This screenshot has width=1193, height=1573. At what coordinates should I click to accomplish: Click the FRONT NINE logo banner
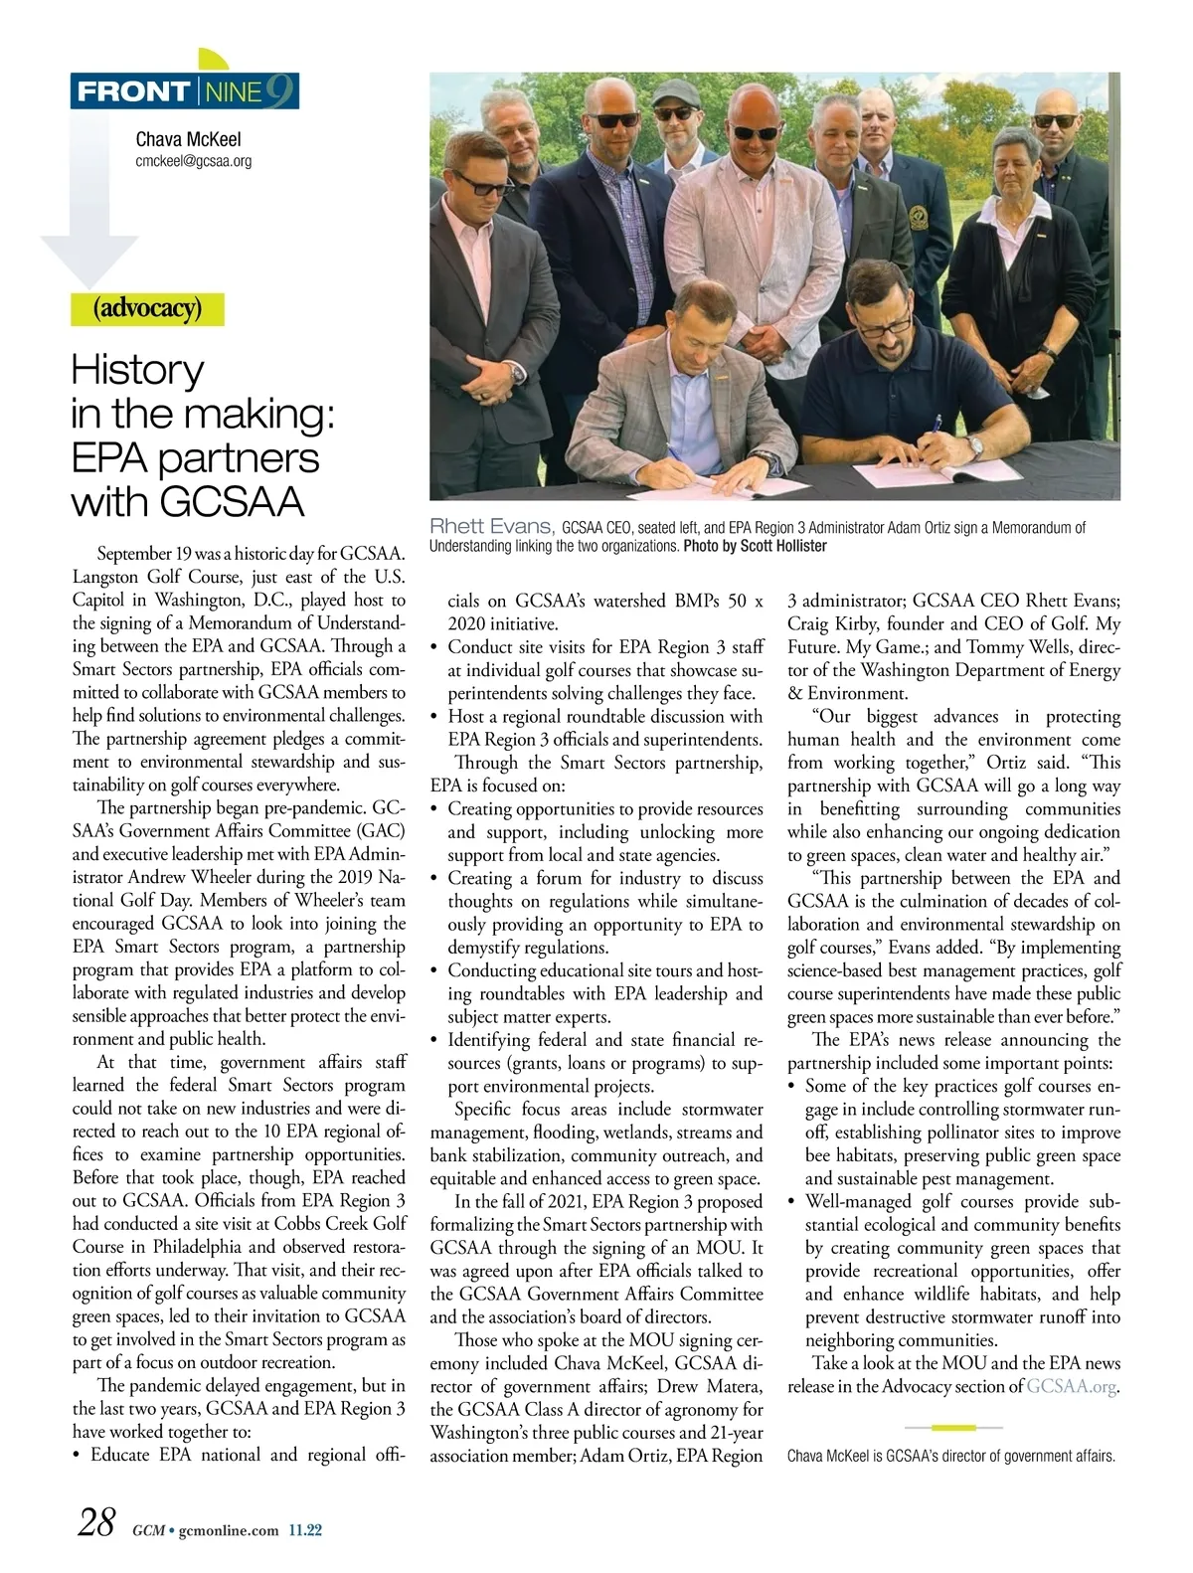[x=185, y=92]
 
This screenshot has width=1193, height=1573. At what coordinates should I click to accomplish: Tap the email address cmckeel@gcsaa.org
[x=193, y=160]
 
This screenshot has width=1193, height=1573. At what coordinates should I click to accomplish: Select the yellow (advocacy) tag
[x=147, y=309]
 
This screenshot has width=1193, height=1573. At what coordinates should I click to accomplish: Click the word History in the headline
[x=137, y=370]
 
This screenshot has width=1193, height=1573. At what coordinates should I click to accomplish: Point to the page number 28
[x=96, y=1522]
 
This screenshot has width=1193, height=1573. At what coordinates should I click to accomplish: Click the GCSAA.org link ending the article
[x=1072, y=1386]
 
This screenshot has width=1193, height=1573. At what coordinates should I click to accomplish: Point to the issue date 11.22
[x=305, y=1530]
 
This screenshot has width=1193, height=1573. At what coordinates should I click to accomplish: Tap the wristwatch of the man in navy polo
[x=975, y=446]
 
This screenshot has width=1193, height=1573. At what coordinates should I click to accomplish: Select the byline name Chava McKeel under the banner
[x=188, y=139]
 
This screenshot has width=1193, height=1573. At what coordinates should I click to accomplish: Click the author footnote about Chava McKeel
[x=950, y=1456]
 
